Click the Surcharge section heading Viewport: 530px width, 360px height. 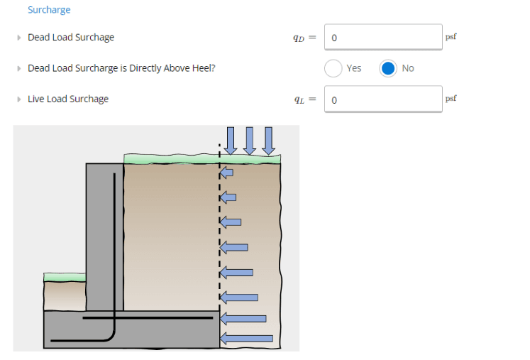[49, 10]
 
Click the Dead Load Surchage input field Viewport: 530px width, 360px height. [383, 37]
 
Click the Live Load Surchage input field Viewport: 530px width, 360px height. [383, 99]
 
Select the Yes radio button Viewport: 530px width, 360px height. [333, 68]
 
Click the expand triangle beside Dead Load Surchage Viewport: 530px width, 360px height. [19, 37]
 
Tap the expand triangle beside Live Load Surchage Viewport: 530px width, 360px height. [19, 99]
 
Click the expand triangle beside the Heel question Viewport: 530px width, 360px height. [19, 68]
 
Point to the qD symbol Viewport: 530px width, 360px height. [299, 38]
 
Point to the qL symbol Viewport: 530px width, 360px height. [299, 99]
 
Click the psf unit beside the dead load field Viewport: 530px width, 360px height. [451, 36]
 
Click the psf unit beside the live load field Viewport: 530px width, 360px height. [451, 97]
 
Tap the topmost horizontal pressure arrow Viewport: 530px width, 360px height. [226, 173]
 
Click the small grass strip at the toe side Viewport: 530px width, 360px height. [65, 276]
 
